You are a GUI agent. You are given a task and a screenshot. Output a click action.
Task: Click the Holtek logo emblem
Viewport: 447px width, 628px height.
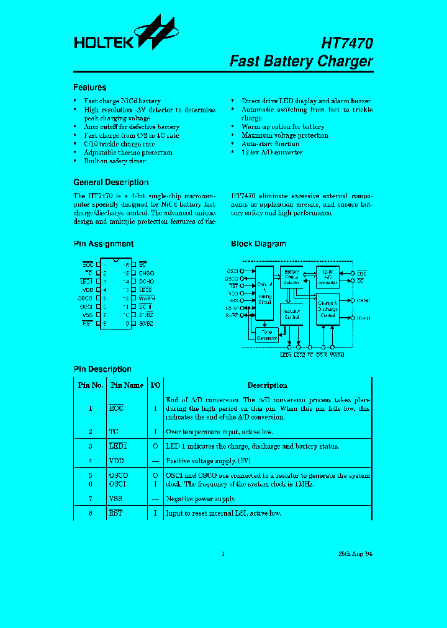[x=153, y=32]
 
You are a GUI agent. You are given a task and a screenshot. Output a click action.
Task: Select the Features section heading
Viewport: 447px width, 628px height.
[x=89, y=87]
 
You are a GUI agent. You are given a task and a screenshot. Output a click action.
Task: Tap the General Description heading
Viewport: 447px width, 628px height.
[x=111, y=182]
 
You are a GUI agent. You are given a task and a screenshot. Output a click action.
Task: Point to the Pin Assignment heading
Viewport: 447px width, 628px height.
[x=103, y=244]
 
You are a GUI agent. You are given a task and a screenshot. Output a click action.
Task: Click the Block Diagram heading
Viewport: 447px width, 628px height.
[x=258, y=244]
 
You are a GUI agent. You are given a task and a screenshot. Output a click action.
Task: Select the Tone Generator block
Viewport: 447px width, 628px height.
[x=267, y=334]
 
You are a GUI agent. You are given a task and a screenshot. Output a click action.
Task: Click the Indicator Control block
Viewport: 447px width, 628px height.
[x=291, y=313]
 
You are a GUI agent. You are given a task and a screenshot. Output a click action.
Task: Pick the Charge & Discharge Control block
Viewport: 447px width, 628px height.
[x=327, y=309]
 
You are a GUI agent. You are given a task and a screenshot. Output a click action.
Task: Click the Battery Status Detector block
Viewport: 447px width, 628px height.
[x=291, y=277]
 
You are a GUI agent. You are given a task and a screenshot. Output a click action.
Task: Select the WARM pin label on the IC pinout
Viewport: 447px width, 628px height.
[x=146, y=298]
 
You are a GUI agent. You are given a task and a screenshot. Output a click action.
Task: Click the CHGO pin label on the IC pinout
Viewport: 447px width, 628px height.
[x=146, y=273]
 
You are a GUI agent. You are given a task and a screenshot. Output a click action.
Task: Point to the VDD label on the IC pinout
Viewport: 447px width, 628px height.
[x=88, y=290]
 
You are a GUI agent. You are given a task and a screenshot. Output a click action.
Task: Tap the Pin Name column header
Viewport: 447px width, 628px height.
[x=127, y=385]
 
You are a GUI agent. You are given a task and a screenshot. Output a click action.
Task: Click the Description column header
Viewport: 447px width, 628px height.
[x=267, y=385]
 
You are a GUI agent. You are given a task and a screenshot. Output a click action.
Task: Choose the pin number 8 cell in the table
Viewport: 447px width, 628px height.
[x=90, y=513]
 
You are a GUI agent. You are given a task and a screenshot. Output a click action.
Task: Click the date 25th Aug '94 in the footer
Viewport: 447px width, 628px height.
[x=355, y=554]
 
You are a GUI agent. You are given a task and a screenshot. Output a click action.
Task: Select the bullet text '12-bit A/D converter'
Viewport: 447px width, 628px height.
[x=272, y=153]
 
